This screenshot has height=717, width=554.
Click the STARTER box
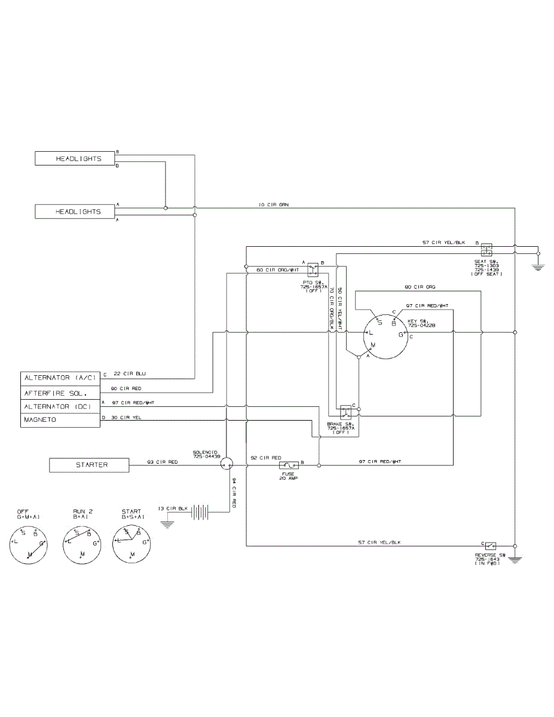88,465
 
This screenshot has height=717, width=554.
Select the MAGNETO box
60,420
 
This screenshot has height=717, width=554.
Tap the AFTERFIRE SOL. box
60,393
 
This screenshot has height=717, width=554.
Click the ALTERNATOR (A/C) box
60,378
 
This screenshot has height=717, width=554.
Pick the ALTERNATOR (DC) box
60,406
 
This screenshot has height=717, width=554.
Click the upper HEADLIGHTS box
75,159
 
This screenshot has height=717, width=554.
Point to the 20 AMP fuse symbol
290,465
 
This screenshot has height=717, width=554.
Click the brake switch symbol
345,412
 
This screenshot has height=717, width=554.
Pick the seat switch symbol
486,247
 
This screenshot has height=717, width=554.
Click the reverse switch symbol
491,546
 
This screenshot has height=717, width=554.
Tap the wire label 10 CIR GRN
274,204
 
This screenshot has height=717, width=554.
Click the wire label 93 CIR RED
162,461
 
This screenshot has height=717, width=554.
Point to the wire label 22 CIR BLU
130,375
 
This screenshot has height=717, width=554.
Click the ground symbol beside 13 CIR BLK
167,523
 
